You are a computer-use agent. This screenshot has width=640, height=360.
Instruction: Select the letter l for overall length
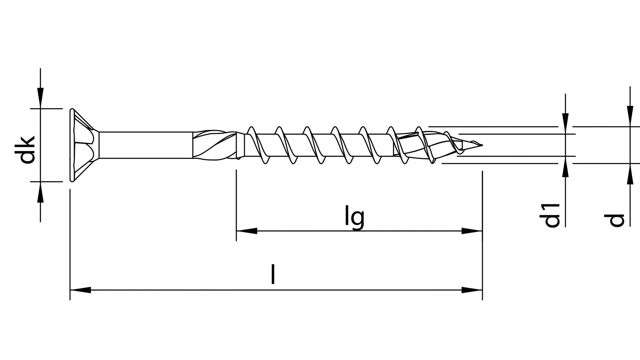click(273, 274)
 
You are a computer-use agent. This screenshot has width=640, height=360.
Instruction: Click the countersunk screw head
click(82, 145)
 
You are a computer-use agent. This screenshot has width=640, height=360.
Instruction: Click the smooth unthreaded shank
click(146, 145)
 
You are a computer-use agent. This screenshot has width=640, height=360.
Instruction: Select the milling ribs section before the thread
click(214, 145)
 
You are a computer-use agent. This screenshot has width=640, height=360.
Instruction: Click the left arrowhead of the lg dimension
click(246, 231)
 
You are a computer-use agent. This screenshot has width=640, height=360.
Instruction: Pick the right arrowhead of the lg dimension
click(472, 231)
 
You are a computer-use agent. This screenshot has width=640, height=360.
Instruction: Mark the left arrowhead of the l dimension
click(80, 290)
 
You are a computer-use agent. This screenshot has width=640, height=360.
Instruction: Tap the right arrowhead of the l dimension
click(472, 290)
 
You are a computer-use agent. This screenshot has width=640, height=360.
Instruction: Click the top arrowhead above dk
click(40, 98)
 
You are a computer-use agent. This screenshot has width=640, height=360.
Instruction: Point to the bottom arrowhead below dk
click(40, 192)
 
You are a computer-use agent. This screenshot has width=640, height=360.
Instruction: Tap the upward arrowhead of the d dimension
click(630, 174)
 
